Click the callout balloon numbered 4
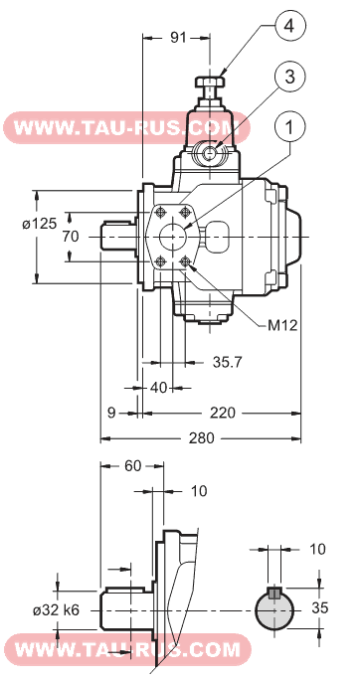[x=286, y=26]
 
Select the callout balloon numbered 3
[x=286, y=77]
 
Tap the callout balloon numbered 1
[x=287, y=127]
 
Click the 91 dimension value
[x=179, y=38]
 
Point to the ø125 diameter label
[x=39, y=223]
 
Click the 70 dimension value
[x=70, y=237]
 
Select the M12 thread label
[x=282, y=324]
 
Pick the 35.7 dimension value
[x=228, y=363]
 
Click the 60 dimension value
[x=133, y=465]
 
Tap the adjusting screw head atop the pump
[x=210, y=82]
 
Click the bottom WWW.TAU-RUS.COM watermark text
[x=120, y=650]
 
